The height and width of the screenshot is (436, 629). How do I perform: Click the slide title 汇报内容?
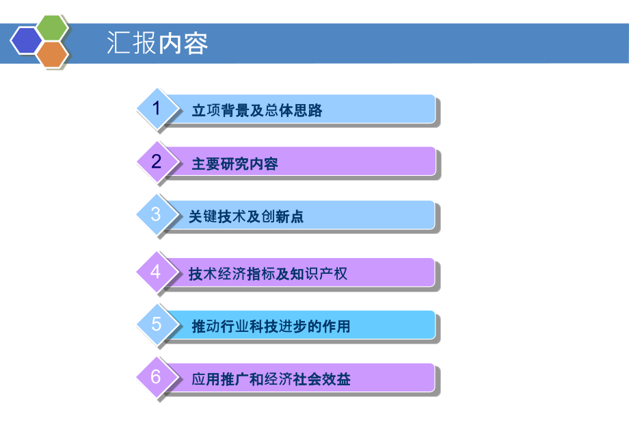pyautogui.click(x=157, y=43)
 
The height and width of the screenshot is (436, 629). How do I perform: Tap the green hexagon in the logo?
pyautogui.click(x=52, y=27)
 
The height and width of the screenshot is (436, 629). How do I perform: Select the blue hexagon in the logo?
pyautogui.click(x=26, y=40)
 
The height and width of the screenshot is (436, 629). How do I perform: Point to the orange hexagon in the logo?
pyautogui.click(x=52, y=54)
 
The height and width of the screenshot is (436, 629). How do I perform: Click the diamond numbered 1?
pyautogui.click(x=157, y=108)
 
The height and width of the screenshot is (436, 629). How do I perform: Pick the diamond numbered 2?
pyautogui.click(x=157, y=162)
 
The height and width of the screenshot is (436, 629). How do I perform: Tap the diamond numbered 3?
pyautogui.click(x=157, y=214)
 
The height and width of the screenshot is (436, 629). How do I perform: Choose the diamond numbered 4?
pyautogui.click(x=157, y=272)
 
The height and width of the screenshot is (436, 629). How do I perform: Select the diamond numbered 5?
pyautogui.click(x=157, y=324)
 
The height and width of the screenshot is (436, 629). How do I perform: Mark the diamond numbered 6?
pyautogui.click(x=157, y=377)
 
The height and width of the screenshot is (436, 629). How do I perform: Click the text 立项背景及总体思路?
pyautogui.click(x=257, y=110)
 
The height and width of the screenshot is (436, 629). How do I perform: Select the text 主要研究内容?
pyautogui.click(x=235, y=164)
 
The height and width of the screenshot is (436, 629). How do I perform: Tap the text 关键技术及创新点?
pyautogui.click(x=246, y=217)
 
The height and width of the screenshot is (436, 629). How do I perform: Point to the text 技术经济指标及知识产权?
pyautogui.click(x=268, y=274)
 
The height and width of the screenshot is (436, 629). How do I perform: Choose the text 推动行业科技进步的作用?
pyautogui.click(x=271, y=326)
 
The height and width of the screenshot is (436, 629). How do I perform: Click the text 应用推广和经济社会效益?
pyautogui.click(x=271, y=379)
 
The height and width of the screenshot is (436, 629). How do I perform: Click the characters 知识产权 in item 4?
pyautogui.click(x=319, y=274)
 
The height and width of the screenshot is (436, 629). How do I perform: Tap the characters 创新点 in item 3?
pyautogui.click(x=282, y=217)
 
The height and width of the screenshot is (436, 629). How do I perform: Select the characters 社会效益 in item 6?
pyautogui.click(x=322, y=379)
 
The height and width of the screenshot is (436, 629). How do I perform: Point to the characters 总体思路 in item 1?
pyautogui.click(x=293, y=110)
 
